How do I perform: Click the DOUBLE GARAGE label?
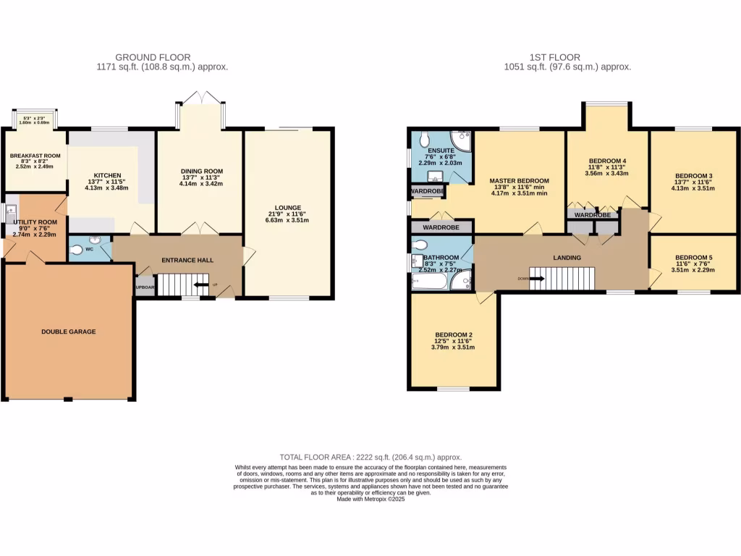pos(69,332)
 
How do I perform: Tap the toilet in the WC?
pos(78,250)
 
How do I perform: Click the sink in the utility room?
pos(10,213)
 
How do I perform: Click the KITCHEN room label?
pos(107,175)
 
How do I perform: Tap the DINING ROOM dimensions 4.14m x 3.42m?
pos(202,185)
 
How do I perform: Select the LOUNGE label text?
pos(287,207)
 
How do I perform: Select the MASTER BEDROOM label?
pos(519,181)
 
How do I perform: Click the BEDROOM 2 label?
pos(452,334)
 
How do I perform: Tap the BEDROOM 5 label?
pos(694,258)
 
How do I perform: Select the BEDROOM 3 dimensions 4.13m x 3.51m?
pos(694,188)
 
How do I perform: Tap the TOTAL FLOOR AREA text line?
pos(370,458)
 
